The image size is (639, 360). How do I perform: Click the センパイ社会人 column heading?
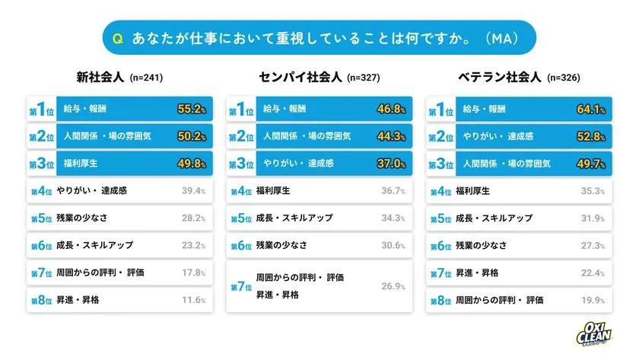[301, 77]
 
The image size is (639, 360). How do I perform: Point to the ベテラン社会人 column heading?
[501, 77]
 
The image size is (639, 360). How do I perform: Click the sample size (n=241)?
[147, 78]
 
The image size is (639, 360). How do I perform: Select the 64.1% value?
[591, 110]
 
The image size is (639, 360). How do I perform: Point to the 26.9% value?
[393, 286]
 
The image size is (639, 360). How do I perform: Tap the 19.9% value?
[592, 300]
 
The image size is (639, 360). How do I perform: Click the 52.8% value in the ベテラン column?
[591, 137]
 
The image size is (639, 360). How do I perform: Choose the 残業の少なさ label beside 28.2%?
[82, 218]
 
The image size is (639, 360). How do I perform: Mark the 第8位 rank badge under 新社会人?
[40, 300]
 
